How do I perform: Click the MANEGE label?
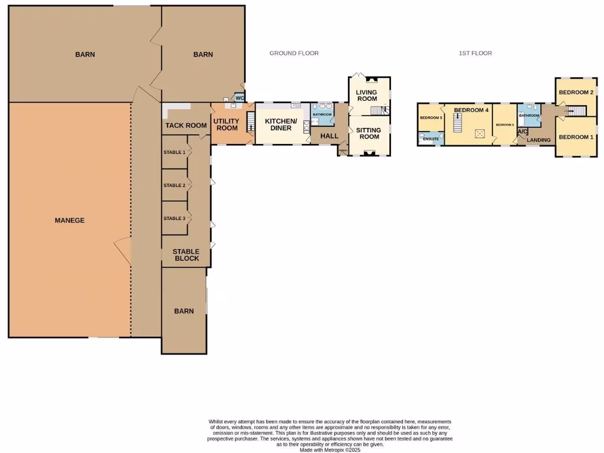point(70,220)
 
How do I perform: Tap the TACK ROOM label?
point(186,125)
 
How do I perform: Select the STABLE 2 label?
point(174,185)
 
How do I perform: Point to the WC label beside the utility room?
point(239,99)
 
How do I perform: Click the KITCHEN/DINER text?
point(278,124)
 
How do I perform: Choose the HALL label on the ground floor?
point(329,136)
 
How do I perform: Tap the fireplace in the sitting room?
point(369,153)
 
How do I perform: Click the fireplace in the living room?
point(370,80)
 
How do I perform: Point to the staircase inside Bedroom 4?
point(455,123)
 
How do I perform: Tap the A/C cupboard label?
point(522,132)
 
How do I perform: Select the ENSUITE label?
point(431,139)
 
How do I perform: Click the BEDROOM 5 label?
point(431,117)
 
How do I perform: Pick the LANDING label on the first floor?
point(539,140)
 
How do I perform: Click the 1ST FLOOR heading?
point(475,53)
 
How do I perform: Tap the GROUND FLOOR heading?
point(294,53)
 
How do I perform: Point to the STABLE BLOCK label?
point(186,255)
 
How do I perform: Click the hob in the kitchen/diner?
point(306,125)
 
